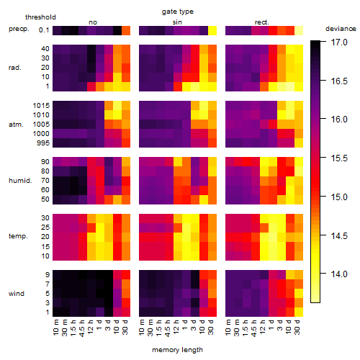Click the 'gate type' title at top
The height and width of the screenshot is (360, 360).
click(178, 12)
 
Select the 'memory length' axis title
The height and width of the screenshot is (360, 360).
click(177, 350)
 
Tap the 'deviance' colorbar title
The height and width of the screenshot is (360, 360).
click(341, 29)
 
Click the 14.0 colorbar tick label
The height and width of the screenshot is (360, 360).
click(339, 274)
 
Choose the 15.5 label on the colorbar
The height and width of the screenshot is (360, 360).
click(339, 158)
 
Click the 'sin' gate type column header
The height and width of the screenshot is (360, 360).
click(177, 22)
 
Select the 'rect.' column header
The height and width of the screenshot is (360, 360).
click(261, 22)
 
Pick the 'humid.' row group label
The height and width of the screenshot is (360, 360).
click(20, 181)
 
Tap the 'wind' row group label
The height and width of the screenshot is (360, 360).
click(17, 294)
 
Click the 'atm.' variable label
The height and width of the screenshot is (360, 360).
click(16, 125)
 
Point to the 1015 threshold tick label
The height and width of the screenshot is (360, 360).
click(41, 105)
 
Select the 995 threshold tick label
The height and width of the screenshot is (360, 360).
click(43, 143)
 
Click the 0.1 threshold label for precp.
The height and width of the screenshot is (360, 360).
click(44, 30)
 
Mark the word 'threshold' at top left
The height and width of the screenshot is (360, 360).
click(40, 17)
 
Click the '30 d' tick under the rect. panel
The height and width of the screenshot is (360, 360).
click(297, 328)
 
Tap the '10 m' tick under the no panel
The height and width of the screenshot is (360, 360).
click(55, 328)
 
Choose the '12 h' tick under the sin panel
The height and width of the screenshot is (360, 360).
click(176, 328)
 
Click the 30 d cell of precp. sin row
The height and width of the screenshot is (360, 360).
click(212, 30)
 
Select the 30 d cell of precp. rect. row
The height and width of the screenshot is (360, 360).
click(299, 30)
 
